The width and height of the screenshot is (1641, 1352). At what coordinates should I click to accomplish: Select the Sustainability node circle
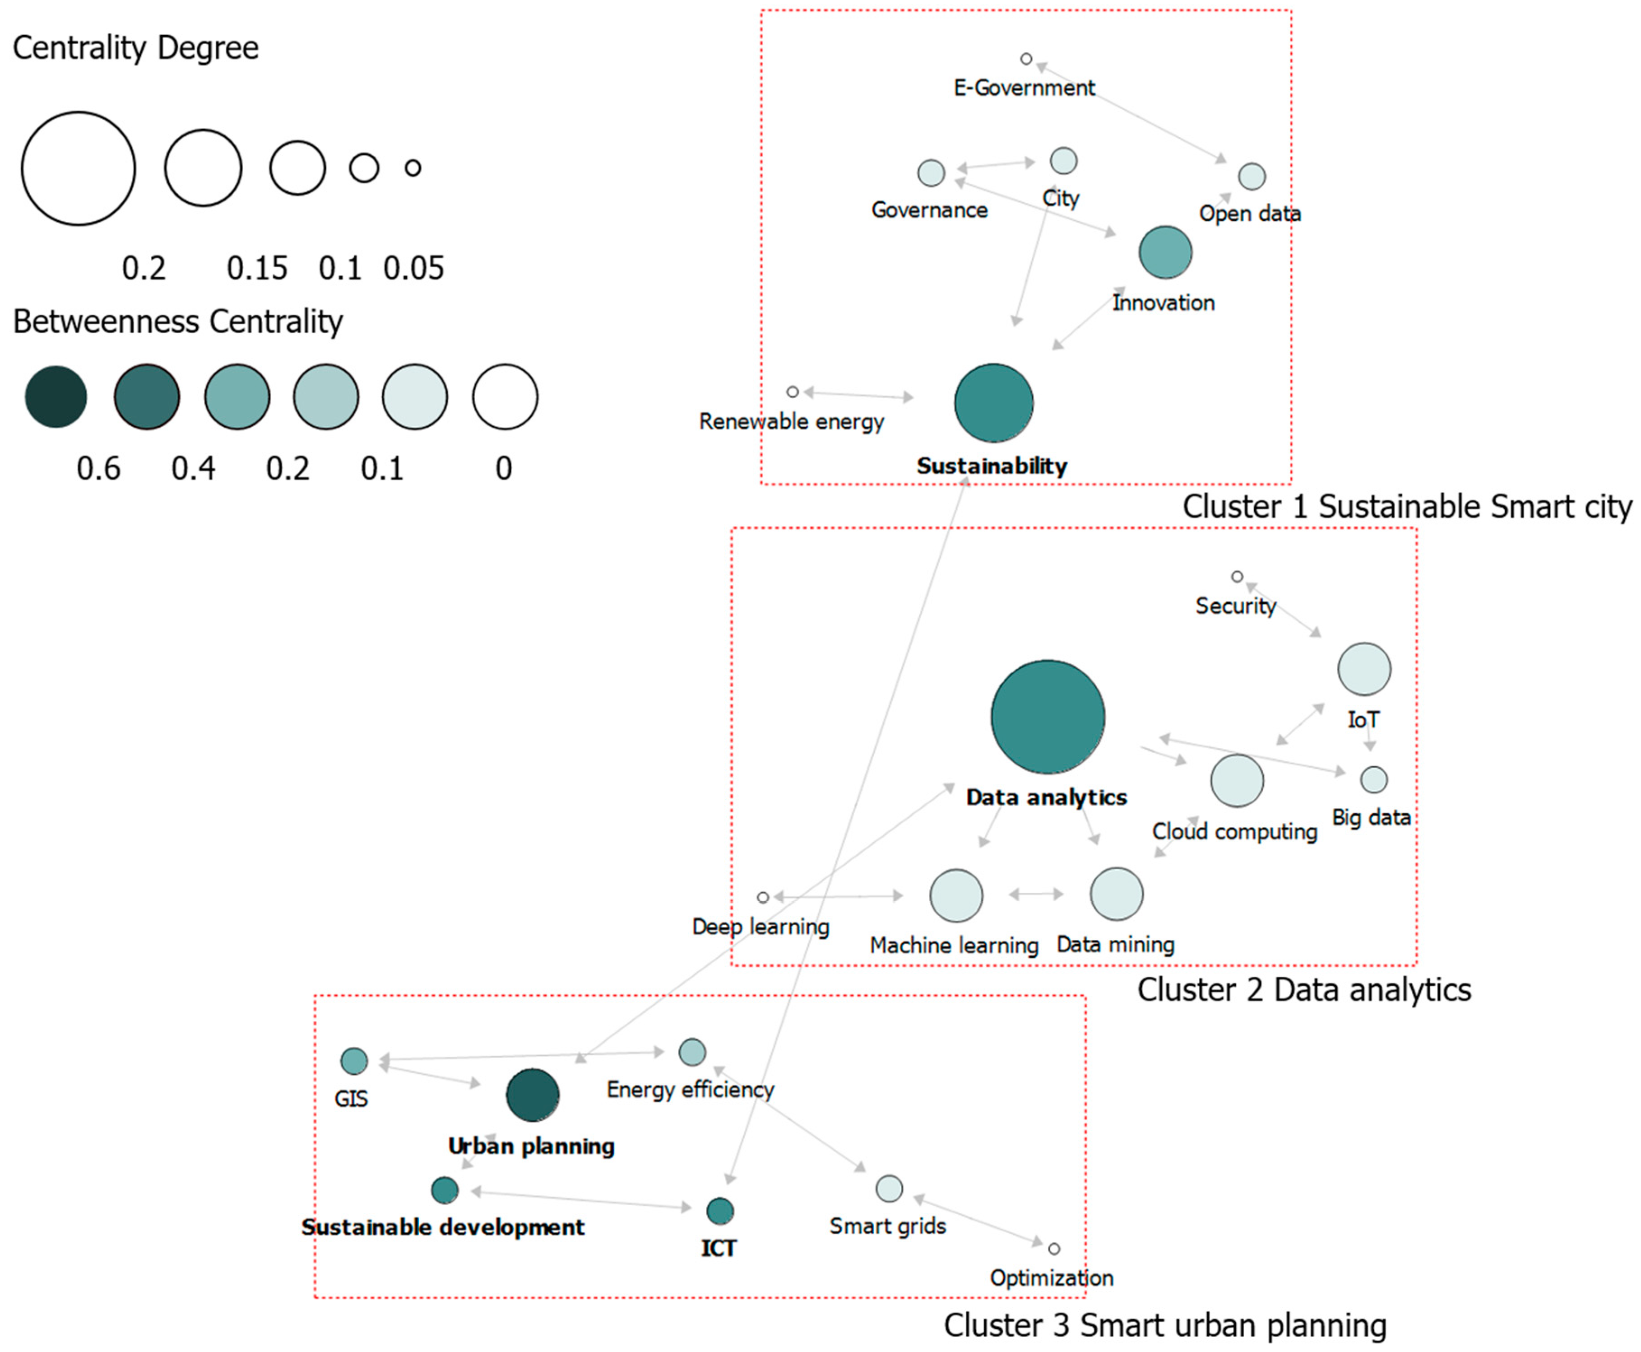click(993, 403)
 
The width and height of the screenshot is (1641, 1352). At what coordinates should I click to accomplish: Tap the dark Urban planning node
click(533, 1094)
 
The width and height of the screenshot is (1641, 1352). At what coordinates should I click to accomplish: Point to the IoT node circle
click(1364, 669)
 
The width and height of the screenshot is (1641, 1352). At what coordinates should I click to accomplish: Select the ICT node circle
click(720, 1211)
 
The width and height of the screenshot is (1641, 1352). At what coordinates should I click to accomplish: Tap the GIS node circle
click(354, 1061)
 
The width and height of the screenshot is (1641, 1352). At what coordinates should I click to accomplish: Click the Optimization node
click(1054, 1249)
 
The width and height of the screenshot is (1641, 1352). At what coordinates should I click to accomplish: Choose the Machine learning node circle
click(956, 895)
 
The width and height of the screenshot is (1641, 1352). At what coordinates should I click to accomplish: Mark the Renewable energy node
click(793, 392)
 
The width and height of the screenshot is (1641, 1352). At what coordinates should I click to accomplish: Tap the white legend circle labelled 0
click(505, 397)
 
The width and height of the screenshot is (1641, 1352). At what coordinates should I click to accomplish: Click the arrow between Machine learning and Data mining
click(1036, 894)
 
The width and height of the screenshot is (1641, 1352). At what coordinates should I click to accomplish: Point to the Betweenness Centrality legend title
click(177, 322)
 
